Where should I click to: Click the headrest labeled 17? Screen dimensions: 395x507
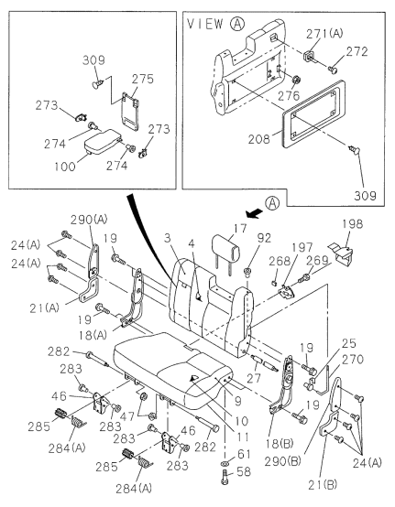[x=225, y=248]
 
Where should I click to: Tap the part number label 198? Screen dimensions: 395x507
[x=353, y=223]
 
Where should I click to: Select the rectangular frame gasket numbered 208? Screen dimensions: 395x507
[x=313, y=113]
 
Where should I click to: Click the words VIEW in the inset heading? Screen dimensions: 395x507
[x=205, y=24]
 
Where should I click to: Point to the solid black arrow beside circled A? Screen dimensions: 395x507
[x=254, y=213]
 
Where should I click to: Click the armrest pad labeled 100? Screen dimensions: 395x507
[x=102, y=141]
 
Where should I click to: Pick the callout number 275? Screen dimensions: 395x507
[x=142, y=79]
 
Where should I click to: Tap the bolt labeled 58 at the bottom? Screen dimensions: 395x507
[x=225, y=477]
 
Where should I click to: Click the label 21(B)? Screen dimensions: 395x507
[x=323, y=484]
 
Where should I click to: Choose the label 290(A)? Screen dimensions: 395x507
[x=89, y=220]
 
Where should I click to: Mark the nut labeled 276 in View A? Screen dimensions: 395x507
[x=295, y=80]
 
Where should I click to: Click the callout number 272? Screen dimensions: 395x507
[x=357, y=51]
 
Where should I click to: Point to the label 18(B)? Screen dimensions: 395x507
[x=279, y=443]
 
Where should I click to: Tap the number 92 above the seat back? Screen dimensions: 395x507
[x=264, y=238]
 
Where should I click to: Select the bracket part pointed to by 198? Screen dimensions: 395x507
[x=340, y=251]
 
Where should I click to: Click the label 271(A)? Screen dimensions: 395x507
[x=324, y=33]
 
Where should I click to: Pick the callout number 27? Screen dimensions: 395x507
[x=254, y=378]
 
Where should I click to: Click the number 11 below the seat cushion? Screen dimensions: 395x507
[x=243, y=437]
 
